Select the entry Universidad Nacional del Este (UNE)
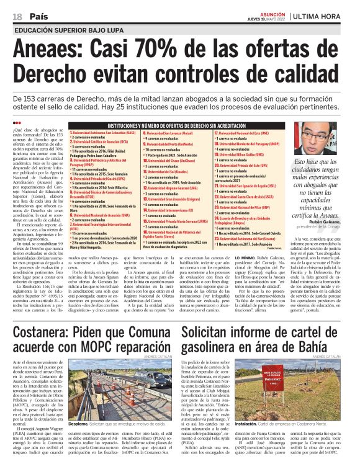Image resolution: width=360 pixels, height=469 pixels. click(x=241, y=133)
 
